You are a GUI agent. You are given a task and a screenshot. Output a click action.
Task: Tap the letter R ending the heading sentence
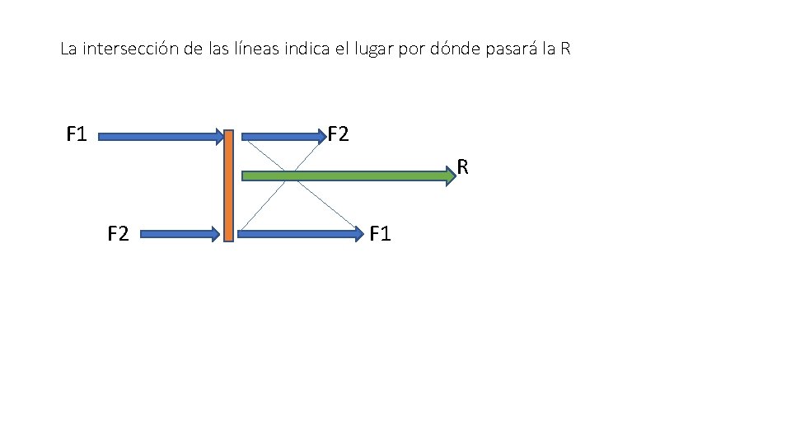(x=564, y=49)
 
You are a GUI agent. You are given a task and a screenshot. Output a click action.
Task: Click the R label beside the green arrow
(x=463, y=168)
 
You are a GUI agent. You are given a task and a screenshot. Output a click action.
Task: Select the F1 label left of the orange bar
(x=77, y=133)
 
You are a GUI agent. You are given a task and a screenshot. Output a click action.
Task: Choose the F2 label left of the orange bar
(x=118, y=234)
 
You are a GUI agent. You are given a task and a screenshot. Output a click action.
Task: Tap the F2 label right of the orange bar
(x=339, y=133)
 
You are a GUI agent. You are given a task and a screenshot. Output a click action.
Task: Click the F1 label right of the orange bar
(x=381, y=234)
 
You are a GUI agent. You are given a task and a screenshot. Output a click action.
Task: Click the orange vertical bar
(x=228, y=185)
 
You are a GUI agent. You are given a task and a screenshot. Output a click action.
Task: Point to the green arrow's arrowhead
(x=449, y=175)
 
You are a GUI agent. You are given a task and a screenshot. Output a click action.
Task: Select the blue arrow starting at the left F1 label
(x=161, y=136)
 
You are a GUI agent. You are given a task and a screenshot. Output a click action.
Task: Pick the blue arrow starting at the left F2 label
(x=181, y=234)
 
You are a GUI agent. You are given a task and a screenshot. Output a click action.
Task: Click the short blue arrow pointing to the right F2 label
(x=280, y=136)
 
